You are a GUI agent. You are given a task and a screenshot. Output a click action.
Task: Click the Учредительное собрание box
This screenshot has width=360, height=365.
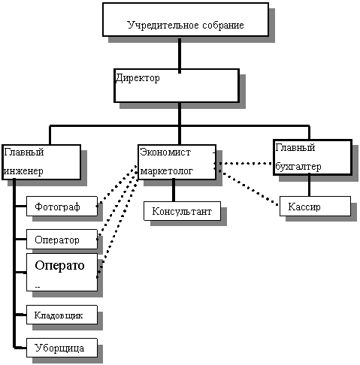point(186,20)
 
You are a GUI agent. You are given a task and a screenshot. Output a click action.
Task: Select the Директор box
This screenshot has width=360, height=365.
point(177,86)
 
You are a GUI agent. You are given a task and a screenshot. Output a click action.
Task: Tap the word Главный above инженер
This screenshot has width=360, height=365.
point(24,152)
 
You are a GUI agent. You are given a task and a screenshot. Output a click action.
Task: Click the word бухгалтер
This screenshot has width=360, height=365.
point(298,167)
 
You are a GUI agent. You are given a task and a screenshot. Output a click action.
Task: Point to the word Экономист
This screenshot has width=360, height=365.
point(165,152)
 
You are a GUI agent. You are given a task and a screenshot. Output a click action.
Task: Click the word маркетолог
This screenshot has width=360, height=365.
point(167,171)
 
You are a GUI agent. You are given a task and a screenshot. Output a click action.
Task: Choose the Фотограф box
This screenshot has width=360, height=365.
point(62,206)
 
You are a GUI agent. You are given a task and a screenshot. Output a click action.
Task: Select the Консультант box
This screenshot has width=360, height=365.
point(182,211)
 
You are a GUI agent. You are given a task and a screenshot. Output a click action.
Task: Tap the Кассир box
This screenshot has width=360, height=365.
point(315,206)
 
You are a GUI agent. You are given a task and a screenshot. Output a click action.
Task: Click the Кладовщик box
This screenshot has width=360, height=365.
point(62,315)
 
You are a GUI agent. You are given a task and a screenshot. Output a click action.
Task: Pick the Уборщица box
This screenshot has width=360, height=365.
point(62,348)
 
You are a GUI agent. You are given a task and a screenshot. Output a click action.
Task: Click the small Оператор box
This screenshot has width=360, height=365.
point(62,239)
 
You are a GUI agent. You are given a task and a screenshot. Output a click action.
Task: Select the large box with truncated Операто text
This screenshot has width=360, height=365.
point(62,272)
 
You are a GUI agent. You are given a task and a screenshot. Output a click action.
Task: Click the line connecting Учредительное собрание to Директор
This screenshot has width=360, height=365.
point(180,56)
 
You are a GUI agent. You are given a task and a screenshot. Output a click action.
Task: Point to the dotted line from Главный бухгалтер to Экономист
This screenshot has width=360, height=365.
point(243,164)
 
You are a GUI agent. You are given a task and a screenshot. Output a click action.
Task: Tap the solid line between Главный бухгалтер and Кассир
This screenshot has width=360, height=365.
point(309,186)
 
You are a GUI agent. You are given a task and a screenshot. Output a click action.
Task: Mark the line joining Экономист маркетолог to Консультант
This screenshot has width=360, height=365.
point(174,190)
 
